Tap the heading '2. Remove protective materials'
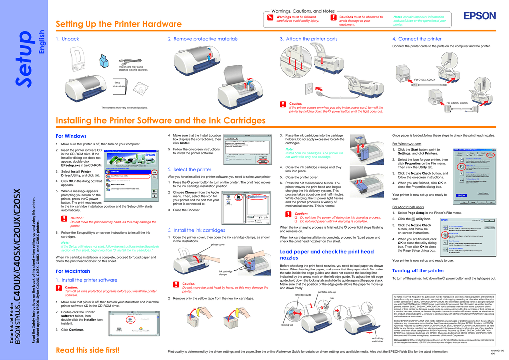point(202,39)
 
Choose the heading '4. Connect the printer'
point(417,39)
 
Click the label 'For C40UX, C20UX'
point(424,80)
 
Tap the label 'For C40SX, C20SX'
point(457,103)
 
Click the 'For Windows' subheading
point(71,136)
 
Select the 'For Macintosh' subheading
point(73,271)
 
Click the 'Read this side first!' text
point(87,350)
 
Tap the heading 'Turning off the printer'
point(418,270)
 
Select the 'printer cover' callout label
point(218,245)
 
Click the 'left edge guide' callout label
point(303,295)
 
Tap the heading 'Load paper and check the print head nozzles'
point(327,255)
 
